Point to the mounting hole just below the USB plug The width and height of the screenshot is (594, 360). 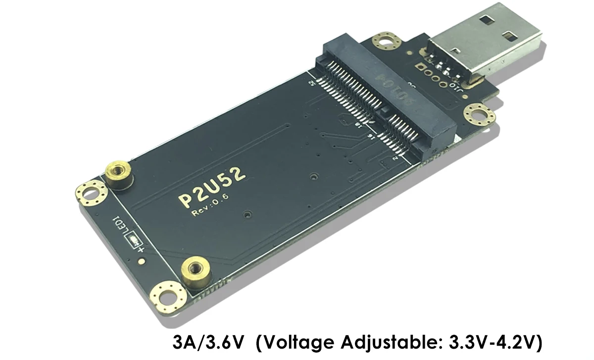(x=479, y=115)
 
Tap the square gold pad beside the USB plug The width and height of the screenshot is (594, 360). (x=420, y=68)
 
